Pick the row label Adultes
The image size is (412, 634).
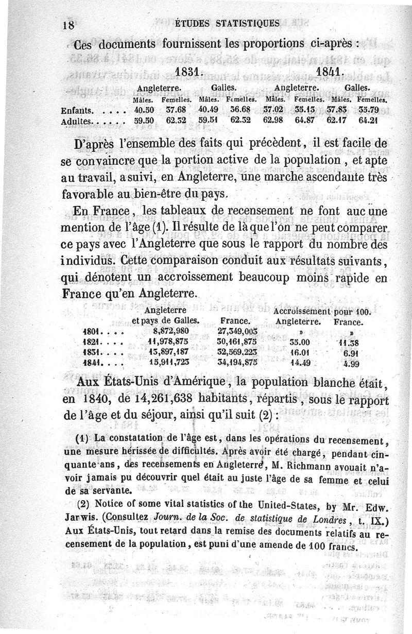coord(76,122)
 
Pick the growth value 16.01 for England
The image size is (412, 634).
coord(299,353)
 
